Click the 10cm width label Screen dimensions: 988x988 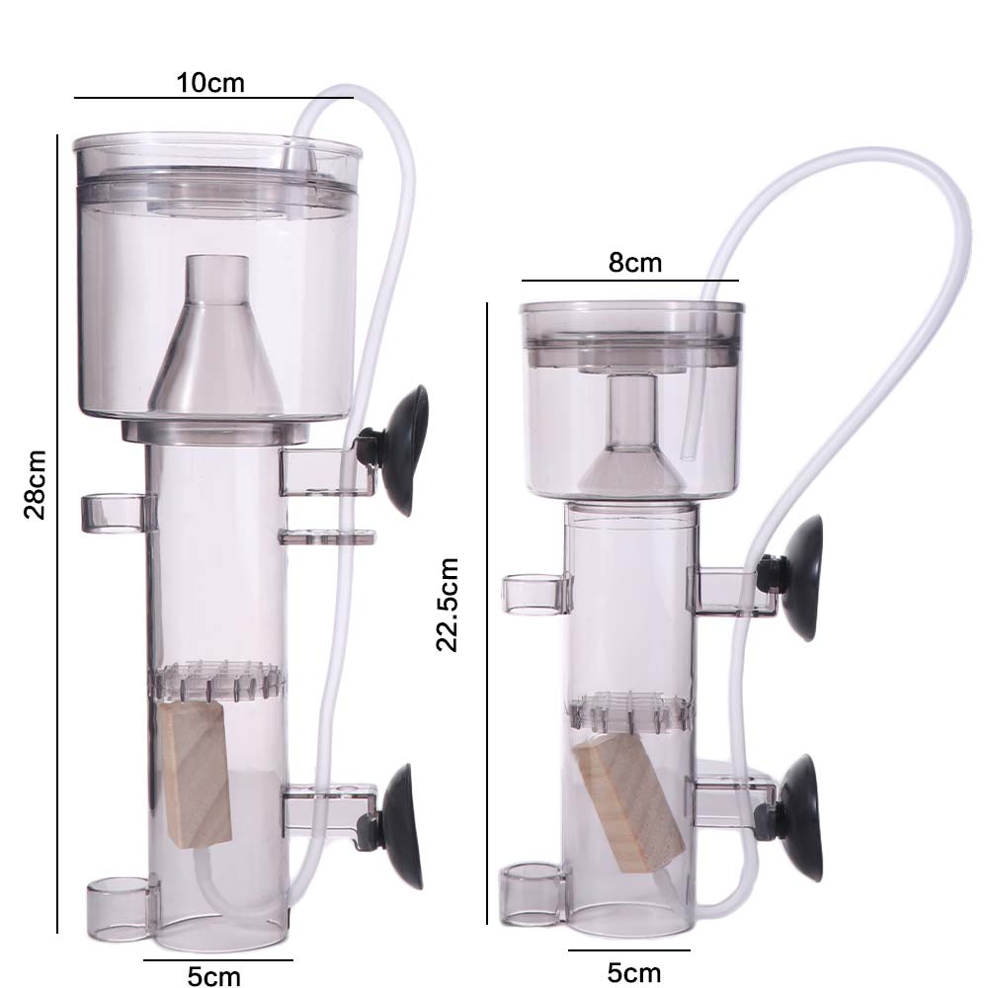pos(210,82)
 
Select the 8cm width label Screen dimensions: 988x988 pos(634,263)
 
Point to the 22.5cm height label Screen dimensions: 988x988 pos(449,605)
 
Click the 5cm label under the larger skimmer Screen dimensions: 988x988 pos(214,976)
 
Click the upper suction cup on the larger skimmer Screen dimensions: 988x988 pos(406,449)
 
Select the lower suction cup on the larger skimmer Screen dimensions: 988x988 pos(404,825)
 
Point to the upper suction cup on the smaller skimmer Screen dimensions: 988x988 pos(801,578)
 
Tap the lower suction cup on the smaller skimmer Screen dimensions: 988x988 pos(799,817)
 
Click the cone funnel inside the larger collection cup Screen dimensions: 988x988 pos(216,341)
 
